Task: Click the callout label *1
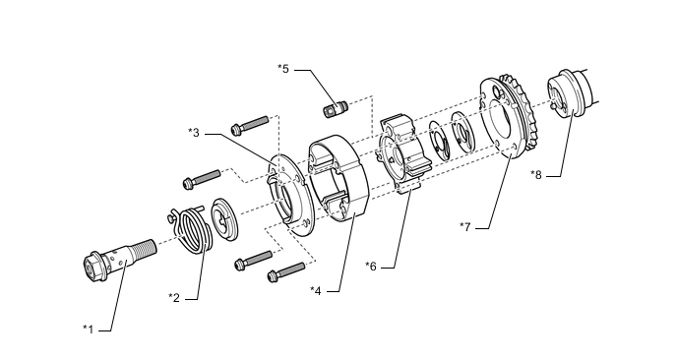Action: (89, 330)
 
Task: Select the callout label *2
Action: (174, 297)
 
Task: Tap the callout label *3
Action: (194, 133)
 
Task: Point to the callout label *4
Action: (316, 290)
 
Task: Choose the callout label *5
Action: (283, 69)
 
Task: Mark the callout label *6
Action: (371, 266)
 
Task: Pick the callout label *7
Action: (465, 226)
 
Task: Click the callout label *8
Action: (536, 175)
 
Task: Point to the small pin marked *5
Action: (336, 108)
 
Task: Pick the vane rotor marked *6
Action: (403, 154)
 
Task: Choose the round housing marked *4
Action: (338, 178)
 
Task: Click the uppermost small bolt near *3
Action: (250, 124)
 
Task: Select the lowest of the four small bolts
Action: (286, 271)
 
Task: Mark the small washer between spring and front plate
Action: (224, 218)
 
